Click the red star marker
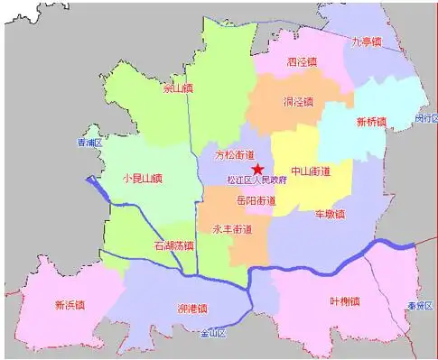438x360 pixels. (257, 169)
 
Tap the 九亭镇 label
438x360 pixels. (367, 42)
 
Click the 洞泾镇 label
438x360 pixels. (297, 101)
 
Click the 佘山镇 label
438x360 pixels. (177, 88)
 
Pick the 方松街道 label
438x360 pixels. (235, 154)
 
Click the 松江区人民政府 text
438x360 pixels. (257, 180)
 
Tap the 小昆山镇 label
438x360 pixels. (142, 178)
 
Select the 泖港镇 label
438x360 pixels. (191, 308)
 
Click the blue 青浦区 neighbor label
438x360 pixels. (90, 143)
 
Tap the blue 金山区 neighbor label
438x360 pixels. (211, 333)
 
